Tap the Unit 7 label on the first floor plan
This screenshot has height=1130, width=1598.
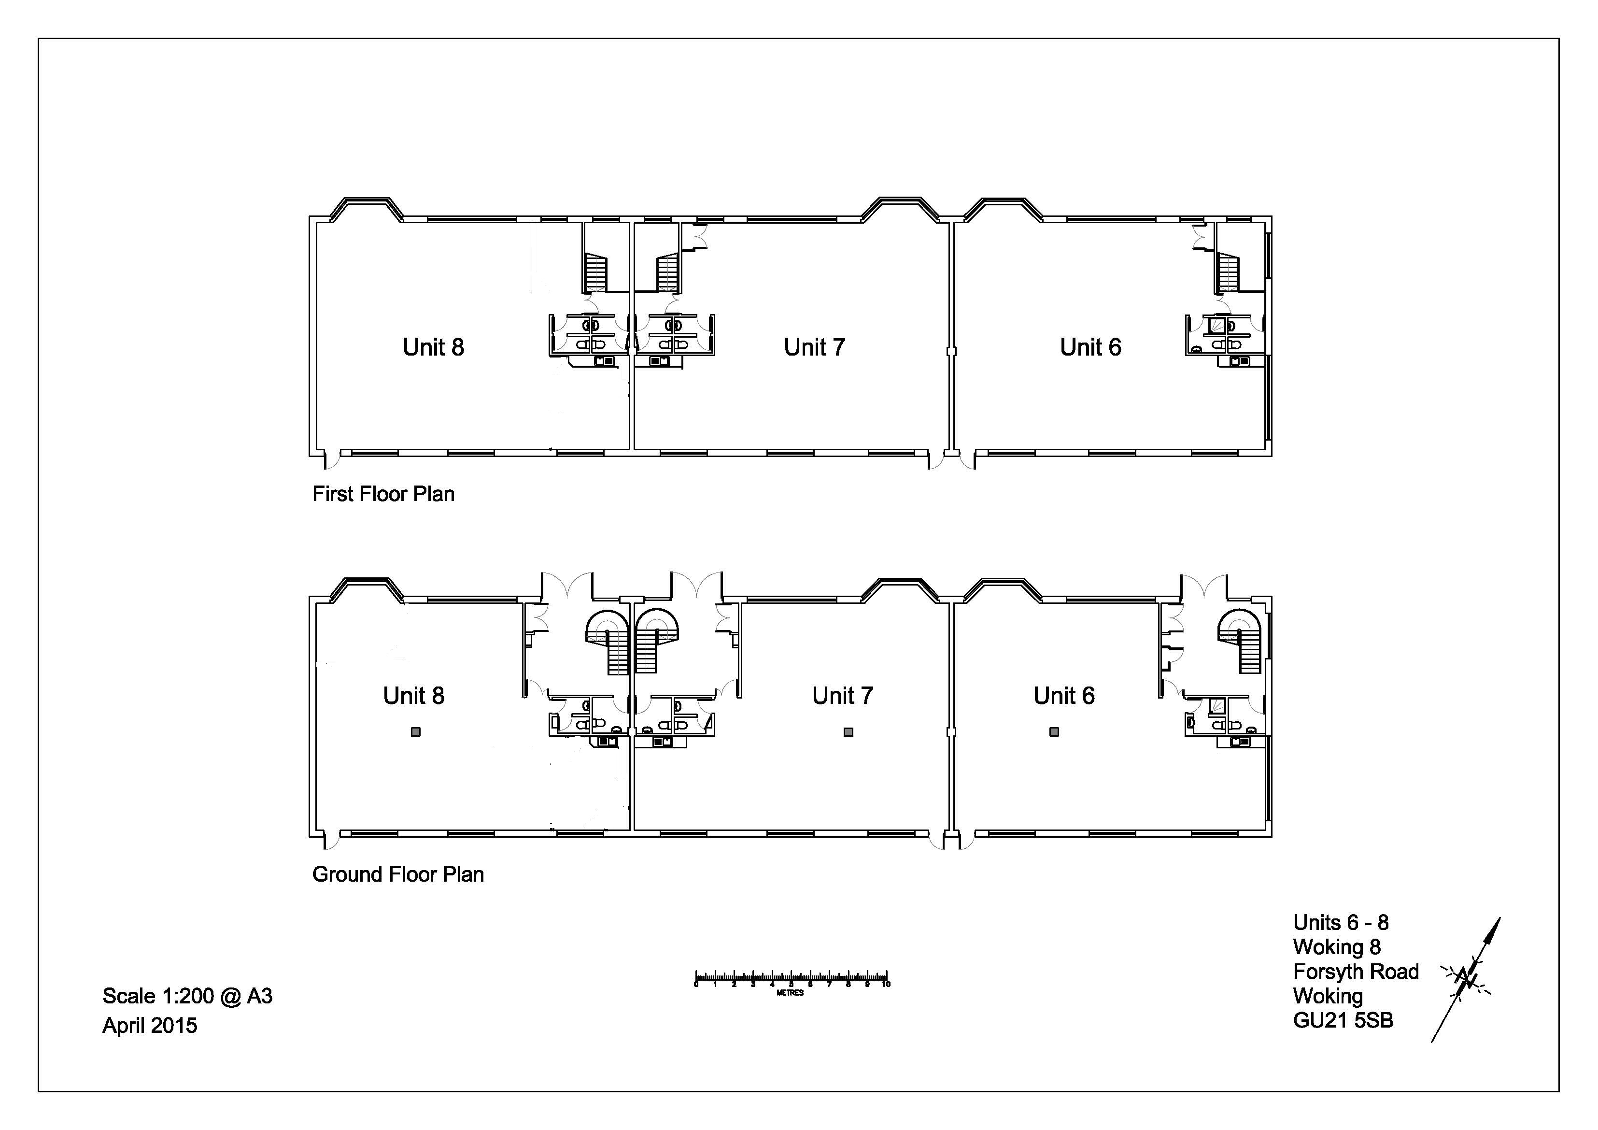click(x=814, y=347)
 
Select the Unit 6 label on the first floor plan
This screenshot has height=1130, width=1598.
click(x=1090, y=347)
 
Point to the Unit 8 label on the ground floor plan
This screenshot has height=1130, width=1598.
click(x=413, y=695)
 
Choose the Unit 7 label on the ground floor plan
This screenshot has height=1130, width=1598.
click(x=842, y=695)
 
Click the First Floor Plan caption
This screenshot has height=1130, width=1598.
click(x=383, y=494)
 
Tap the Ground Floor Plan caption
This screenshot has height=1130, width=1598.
click(x=398, y=874)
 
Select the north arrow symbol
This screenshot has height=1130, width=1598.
click(x=1466, y=980)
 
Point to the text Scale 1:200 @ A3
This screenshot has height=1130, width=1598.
click(x=187, y=996)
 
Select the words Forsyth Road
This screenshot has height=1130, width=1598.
click(x=1356, y=971)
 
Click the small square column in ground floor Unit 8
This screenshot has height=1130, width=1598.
click(x=415, y=732)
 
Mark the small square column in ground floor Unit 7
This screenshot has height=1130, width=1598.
click(x=848, y=732)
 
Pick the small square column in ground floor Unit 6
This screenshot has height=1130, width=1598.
click(x=1054, y=732)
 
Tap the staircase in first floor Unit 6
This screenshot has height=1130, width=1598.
click(x=1229, y=273)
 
